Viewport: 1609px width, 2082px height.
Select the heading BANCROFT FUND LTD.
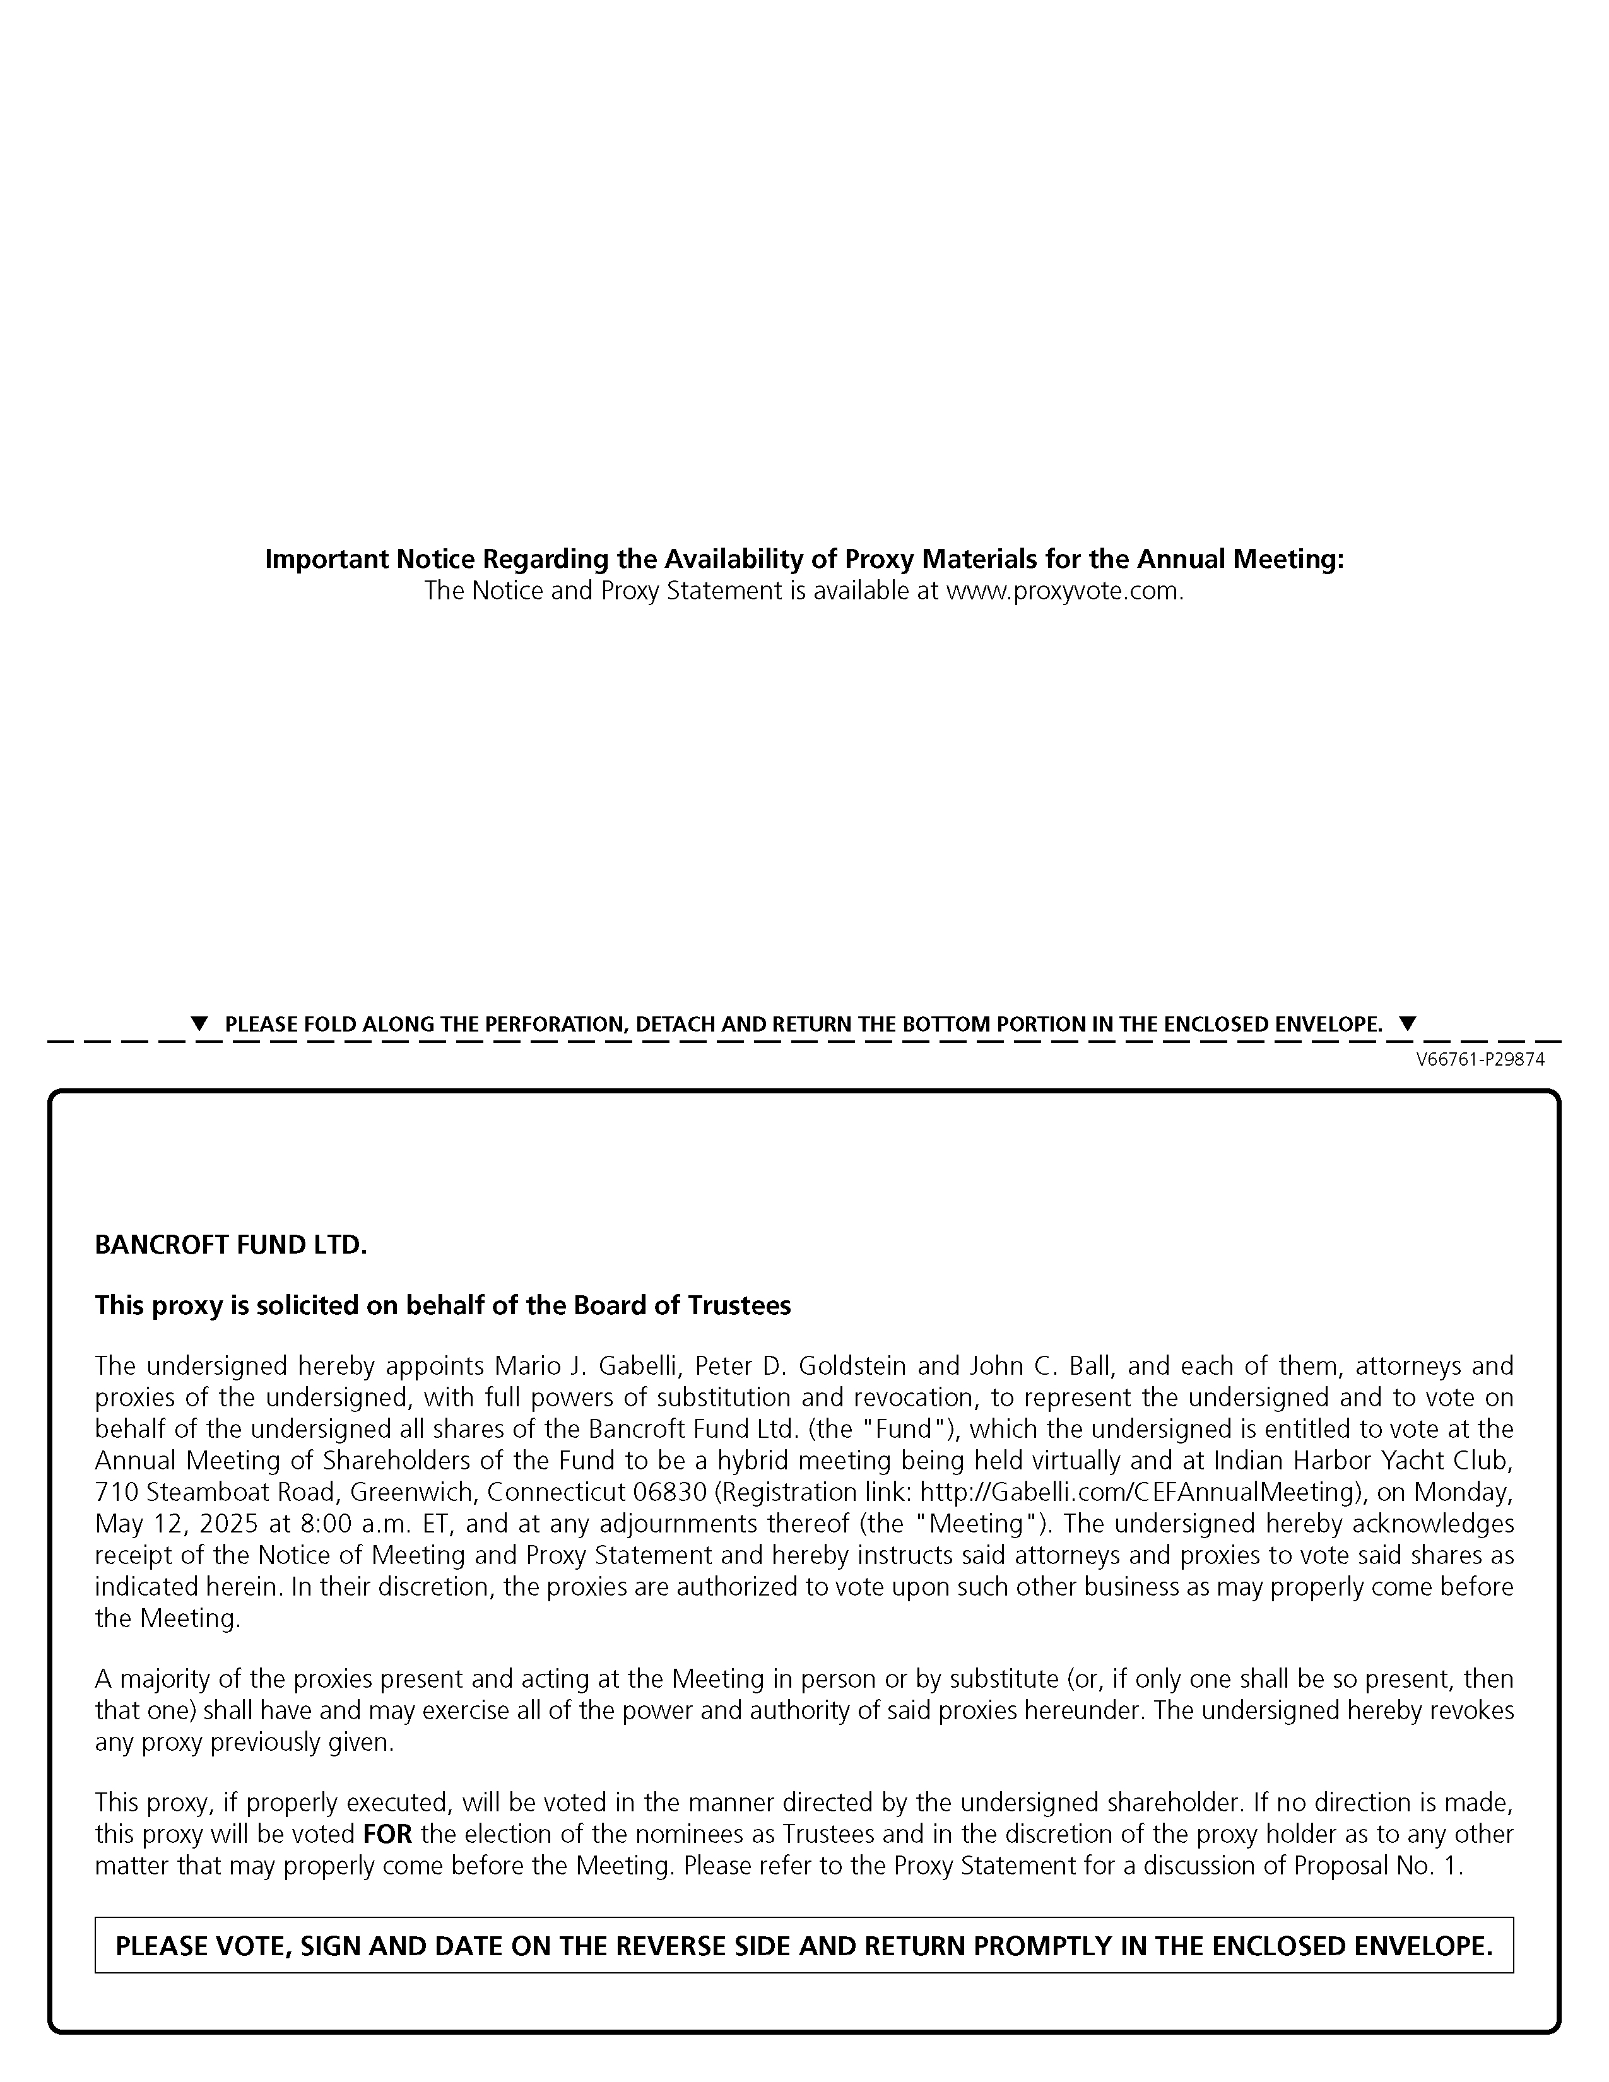[x=231, y=1245]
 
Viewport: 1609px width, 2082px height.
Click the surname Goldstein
[x=851, y=1366]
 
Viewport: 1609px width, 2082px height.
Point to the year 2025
[x=229, y=1524]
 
